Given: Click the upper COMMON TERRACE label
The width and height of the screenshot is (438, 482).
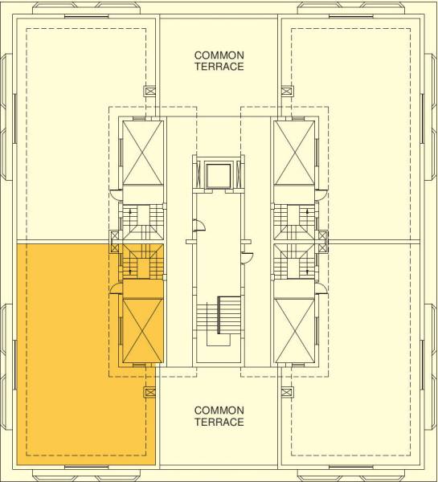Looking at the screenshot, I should pyautogui.click(x=219, y=61).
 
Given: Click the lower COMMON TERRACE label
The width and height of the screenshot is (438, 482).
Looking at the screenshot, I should pyautogui.click(x=219, y=415).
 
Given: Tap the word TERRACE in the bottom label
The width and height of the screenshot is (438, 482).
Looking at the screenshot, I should pyautogui.click(x=219, y=422).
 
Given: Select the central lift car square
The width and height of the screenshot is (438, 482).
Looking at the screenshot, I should pyautogui.click(x=219, y=174).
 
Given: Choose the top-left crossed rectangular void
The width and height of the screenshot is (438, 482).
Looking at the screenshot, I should pyautogui.click(x=141, y=153).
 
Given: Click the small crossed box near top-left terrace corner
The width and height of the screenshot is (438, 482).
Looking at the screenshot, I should pyautogui.click(x=149, y=91).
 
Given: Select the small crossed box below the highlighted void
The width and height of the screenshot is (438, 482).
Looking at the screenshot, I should pyautogui.click(x=149, y=393).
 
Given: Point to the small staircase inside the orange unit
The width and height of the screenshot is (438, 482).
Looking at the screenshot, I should pyautogui.click(x=141, y=261).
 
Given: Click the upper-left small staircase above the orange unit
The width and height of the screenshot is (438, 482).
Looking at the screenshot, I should pyautogui.click(x=141, y=220).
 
